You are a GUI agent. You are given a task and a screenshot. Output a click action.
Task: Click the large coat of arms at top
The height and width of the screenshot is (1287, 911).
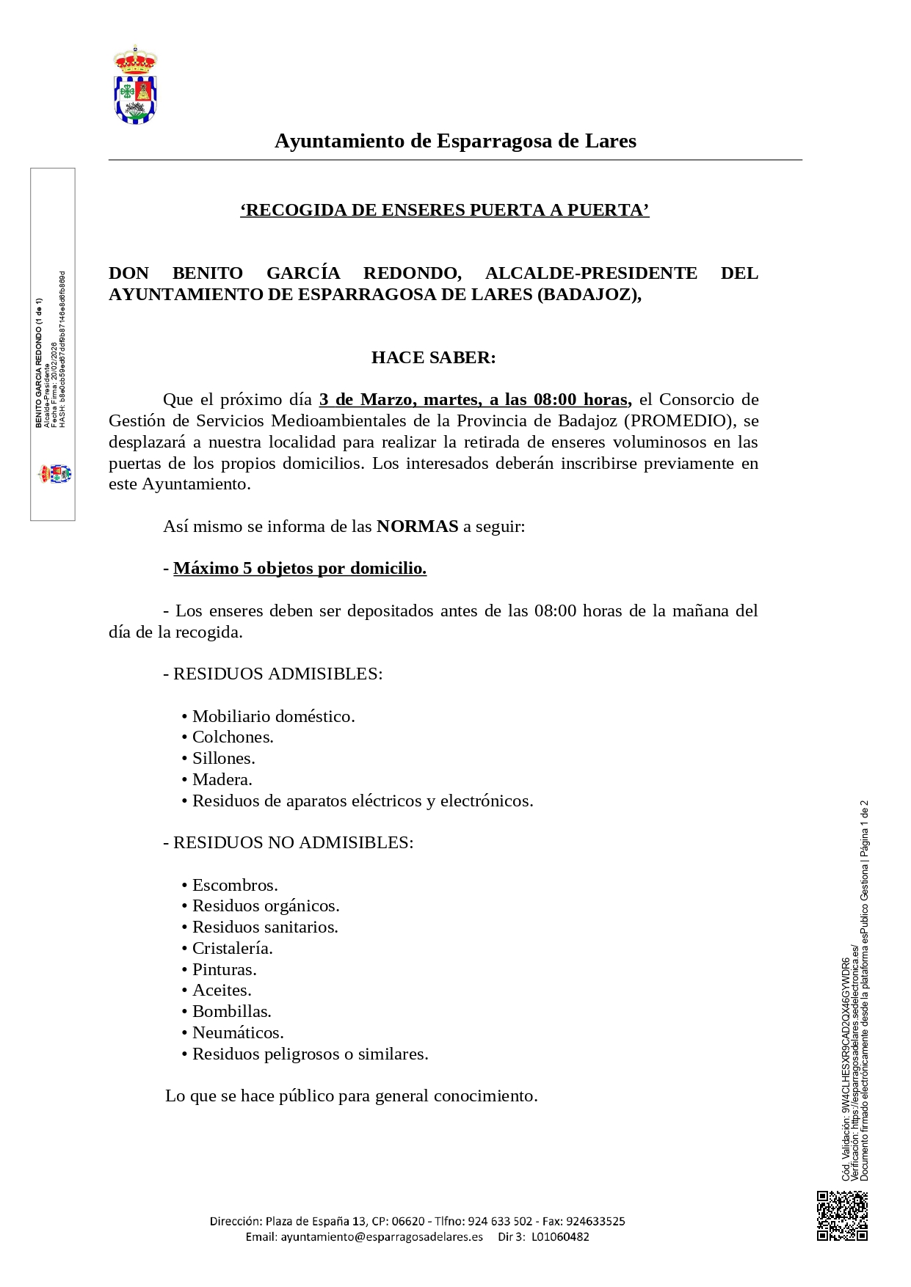coord(135,84)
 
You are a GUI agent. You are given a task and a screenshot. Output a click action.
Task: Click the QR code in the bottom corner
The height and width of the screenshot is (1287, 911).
coord(842,1216)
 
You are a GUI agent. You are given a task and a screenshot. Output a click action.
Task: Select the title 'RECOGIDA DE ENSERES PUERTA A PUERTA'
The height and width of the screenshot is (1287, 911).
coord(444,211)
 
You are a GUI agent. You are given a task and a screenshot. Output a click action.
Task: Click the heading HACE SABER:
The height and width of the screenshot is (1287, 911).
coord(433,358)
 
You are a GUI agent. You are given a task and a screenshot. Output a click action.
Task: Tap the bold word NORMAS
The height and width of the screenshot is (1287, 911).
coord(417,527)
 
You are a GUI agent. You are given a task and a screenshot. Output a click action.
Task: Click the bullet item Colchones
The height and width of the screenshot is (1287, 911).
coord(232,737)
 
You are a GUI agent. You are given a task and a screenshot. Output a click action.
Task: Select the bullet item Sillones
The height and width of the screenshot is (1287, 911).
coord(223,759)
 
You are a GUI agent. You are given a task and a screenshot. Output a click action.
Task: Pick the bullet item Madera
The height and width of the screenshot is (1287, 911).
coord(222,780)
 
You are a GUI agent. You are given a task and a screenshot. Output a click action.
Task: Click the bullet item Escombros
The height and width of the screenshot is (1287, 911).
coord(234,886)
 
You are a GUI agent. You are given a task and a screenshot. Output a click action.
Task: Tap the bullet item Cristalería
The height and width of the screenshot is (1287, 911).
coord(232,949)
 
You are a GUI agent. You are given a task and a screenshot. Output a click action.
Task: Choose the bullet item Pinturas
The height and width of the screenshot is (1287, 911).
coord(224,970)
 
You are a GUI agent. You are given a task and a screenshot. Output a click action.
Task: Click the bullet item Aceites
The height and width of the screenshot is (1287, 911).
coord(221,991)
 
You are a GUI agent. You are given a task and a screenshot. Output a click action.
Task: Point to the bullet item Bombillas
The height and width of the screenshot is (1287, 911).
coord(231,1012)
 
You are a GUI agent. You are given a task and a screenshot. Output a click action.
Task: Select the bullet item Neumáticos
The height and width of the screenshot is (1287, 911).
coord(237,1033)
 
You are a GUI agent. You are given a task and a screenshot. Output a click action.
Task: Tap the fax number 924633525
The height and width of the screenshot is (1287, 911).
coord(596,1222)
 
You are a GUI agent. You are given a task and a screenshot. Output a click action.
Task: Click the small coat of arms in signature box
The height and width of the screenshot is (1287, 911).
coord(55,473)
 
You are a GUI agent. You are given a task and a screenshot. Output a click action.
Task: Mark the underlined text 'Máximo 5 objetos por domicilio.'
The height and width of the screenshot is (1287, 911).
coord(300,569)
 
